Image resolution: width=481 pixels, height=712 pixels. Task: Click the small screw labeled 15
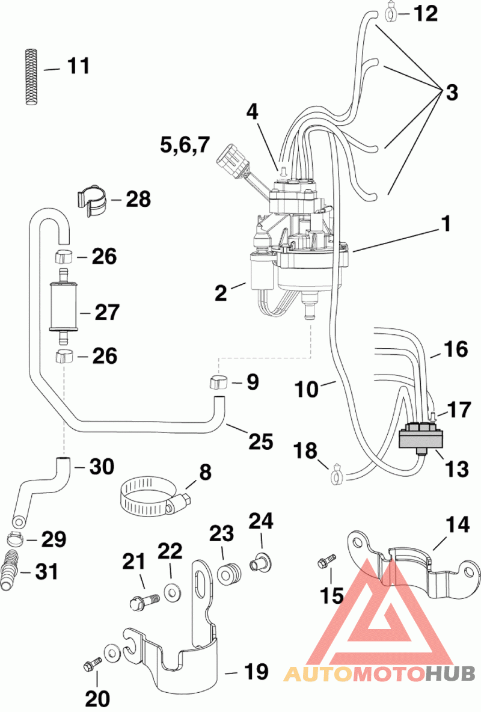point(326,560)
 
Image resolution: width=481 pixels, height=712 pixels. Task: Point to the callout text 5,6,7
point(185,146)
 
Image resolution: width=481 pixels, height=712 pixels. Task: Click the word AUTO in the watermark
point(318,674)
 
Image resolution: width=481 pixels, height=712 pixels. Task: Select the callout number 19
point(256,671)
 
